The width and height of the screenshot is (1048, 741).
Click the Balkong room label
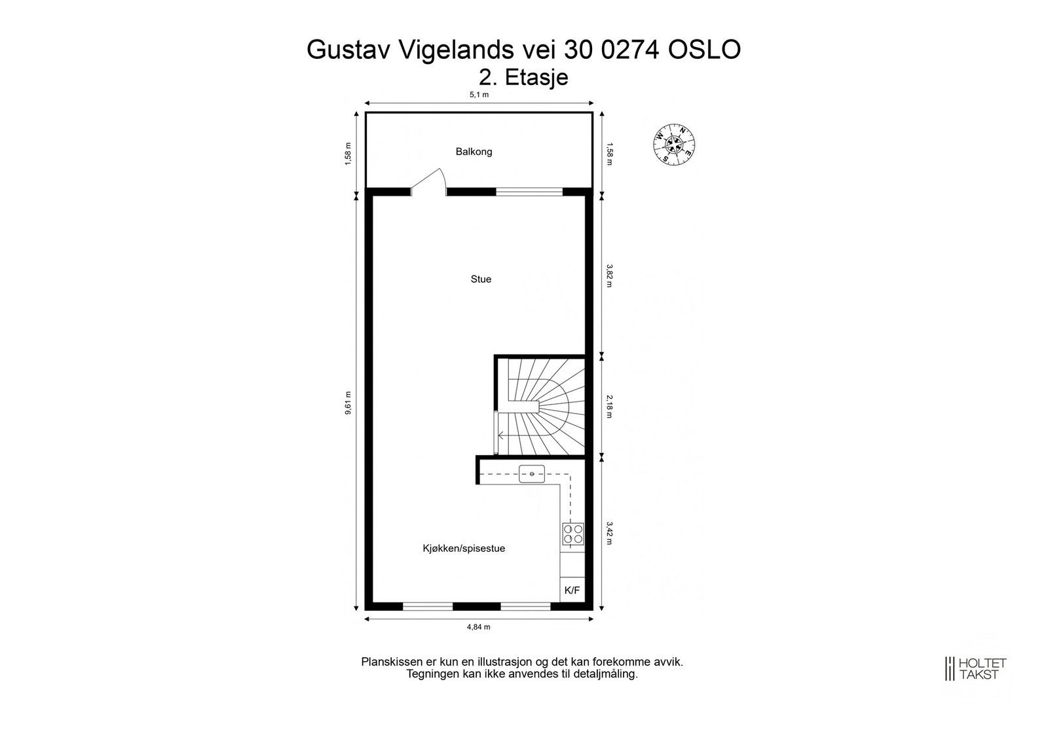point(474,152)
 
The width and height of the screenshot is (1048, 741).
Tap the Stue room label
point(481,280)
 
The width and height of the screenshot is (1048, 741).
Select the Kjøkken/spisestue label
point(464,549)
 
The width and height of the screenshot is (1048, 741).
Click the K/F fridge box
point(572,590)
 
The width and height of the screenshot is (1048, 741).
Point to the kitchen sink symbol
point(532,473)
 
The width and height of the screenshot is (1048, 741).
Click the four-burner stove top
point(572,534)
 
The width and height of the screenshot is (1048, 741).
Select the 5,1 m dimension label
point(479,95)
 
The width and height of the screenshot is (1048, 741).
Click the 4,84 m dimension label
point(479,627)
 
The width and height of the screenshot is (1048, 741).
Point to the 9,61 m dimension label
point(348,403)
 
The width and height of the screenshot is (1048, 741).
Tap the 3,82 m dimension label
point(609,276)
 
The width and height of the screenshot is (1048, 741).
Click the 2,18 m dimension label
point(609,406)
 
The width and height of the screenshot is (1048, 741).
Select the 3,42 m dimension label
point(609,533)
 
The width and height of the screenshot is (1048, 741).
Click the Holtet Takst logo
point(975,668)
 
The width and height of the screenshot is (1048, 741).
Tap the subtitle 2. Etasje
point(523,77)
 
